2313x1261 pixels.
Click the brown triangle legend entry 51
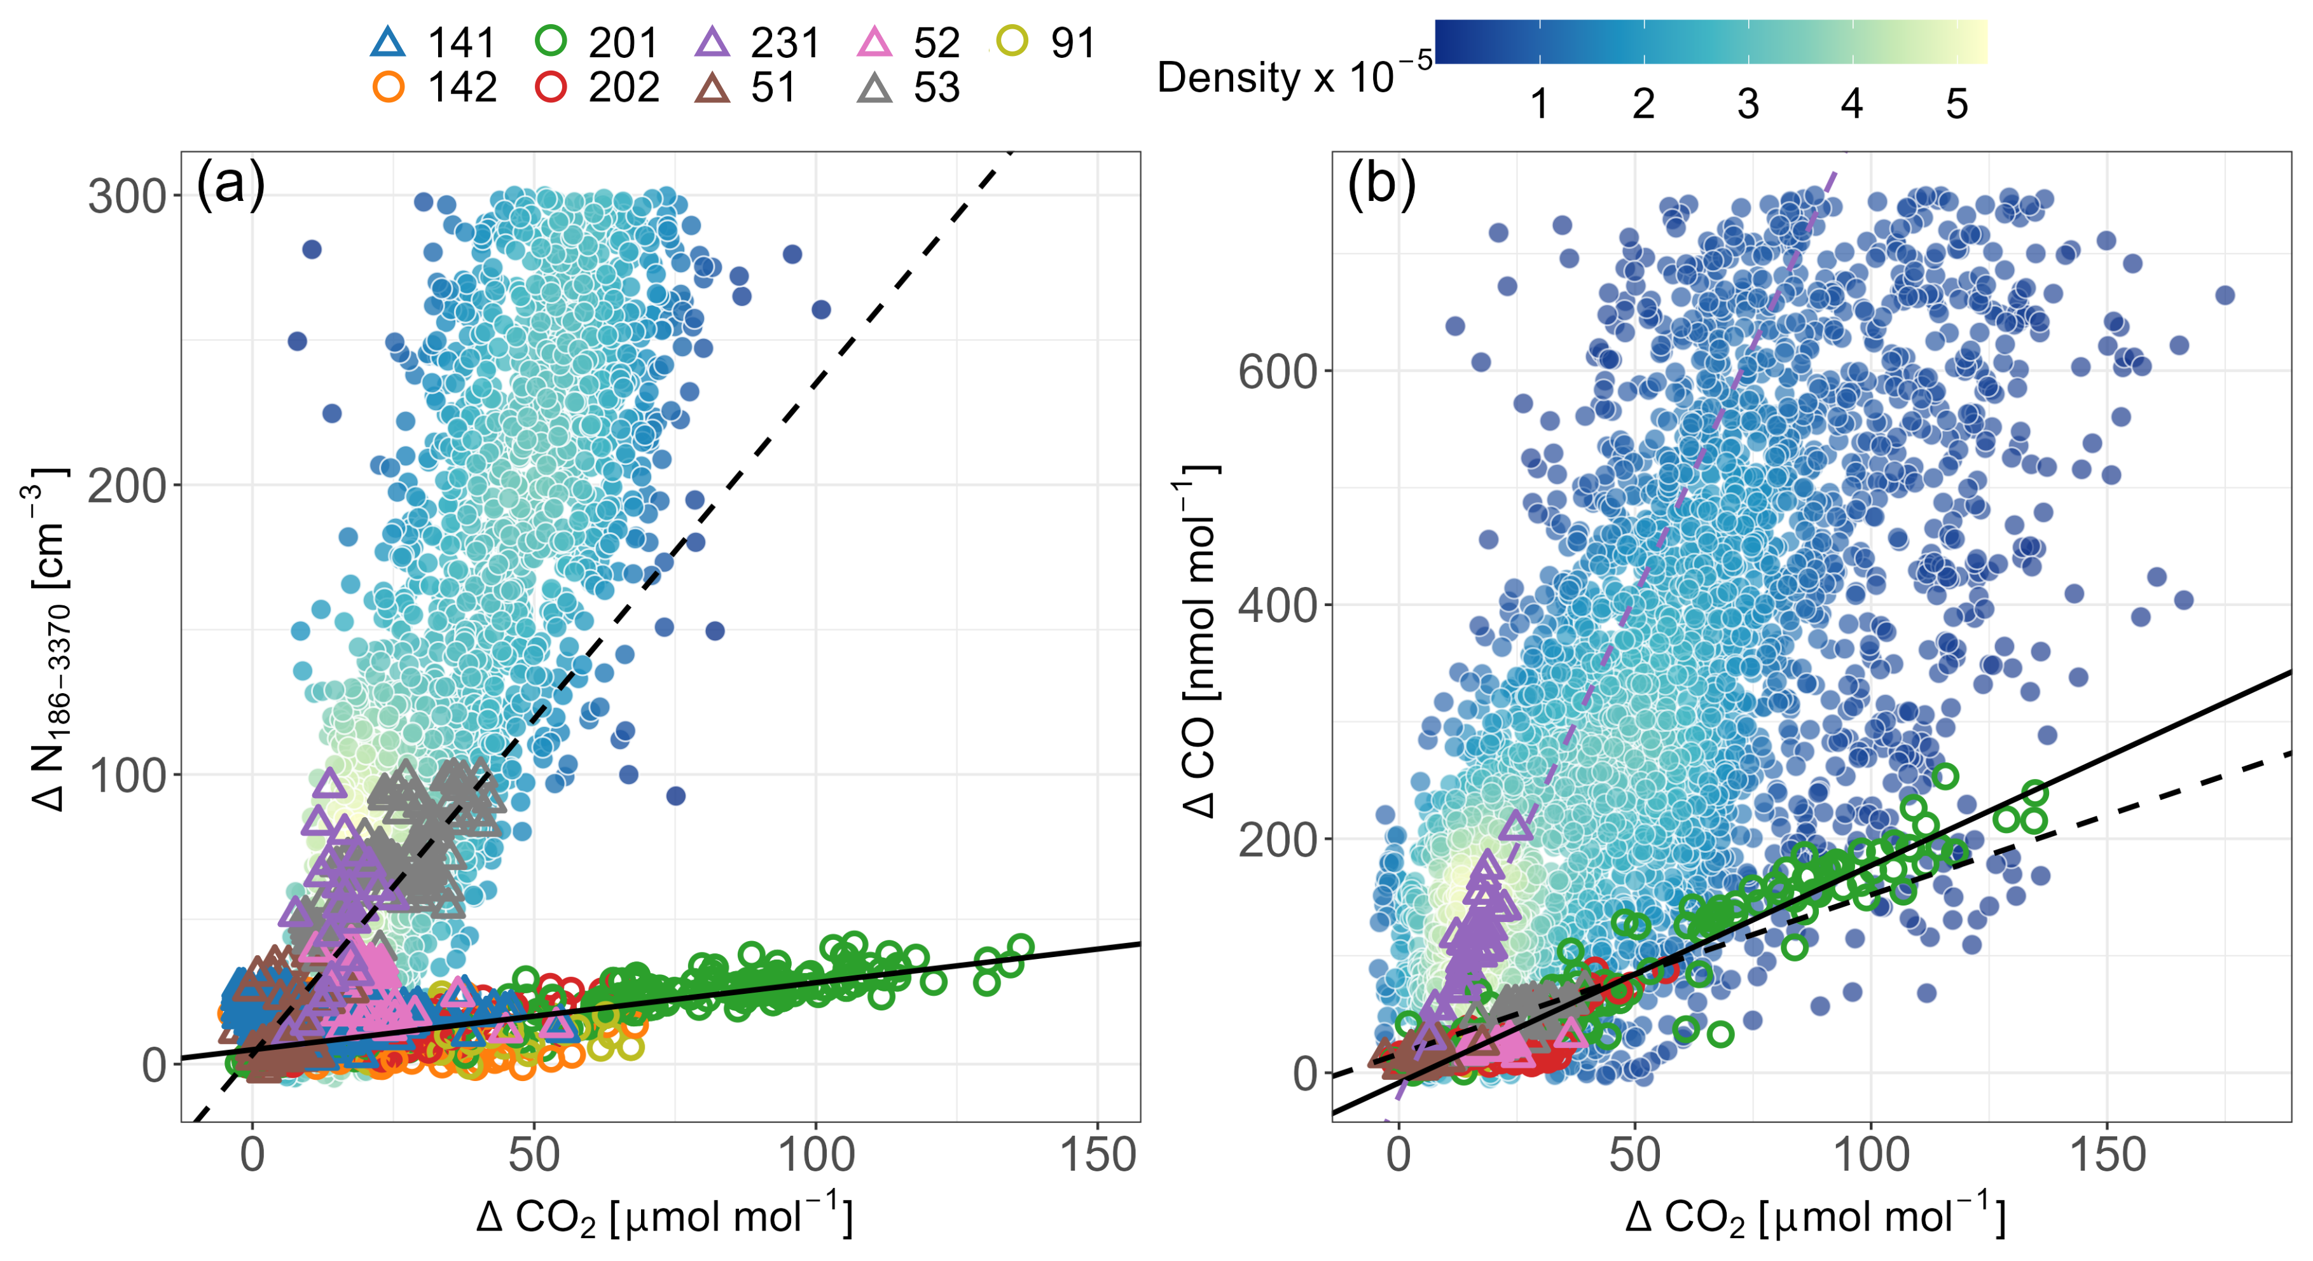745,87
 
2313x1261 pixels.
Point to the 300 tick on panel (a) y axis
127,196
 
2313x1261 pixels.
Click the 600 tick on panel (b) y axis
1277,371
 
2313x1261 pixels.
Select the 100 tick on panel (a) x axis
815,1155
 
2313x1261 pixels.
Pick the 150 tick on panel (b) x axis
2108,1155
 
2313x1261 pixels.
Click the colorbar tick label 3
1748,104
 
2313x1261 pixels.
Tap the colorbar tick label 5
1956,104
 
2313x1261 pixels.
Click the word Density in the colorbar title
1227,78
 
